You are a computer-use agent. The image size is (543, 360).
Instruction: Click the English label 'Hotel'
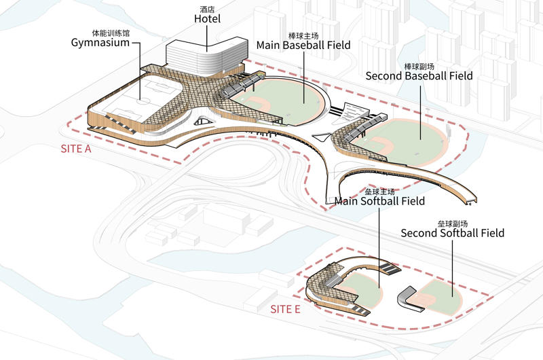tap(208, 18)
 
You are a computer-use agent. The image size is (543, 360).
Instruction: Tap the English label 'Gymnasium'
tap(110, 43)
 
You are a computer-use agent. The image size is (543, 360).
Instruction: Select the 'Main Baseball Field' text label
tap(303, 46)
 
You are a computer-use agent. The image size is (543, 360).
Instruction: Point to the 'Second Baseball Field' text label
tap(419, 76)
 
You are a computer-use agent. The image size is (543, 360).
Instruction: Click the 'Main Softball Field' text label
tap(380, 201)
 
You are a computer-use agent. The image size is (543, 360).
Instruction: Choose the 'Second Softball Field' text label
tap(452, 233)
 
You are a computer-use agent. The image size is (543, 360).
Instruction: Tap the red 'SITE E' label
tap(285, 309)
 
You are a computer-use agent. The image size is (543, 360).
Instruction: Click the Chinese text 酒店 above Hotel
tap(208, 8)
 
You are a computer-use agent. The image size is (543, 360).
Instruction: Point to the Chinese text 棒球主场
tap(303, 35)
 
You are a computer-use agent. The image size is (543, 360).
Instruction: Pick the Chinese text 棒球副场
tap(419, 66)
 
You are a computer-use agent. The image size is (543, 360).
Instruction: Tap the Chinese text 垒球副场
tap(452, 223)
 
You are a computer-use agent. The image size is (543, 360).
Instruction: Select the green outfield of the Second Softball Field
tap(441, 289)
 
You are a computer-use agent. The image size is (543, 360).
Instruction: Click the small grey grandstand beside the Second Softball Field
tap(407, 297)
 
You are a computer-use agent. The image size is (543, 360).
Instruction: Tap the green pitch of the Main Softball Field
tap(367, 289)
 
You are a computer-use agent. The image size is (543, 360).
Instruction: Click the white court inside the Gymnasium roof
tap(146, 95)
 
